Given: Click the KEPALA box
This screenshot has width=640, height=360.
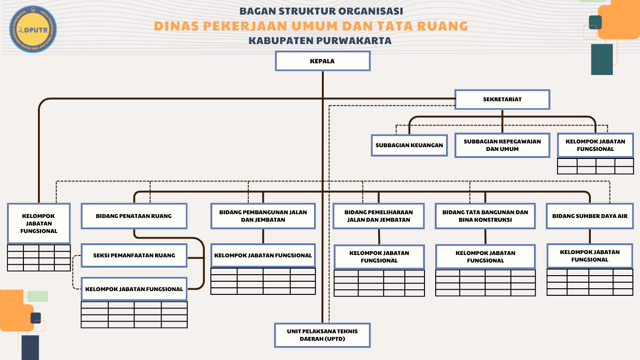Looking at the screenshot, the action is (x=322, y=61).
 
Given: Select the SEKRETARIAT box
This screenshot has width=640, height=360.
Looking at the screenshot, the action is (x=502, y=99).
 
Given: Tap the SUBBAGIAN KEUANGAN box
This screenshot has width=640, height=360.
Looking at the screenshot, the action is (x=409, y=145).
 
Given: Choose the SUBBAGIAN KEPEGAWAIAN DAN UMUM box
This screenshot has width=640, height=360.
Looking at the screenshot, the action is (x=502, y=145).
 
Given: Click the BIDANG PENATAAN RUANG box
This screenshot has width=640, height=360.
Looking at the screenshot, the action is (x=134, y=216).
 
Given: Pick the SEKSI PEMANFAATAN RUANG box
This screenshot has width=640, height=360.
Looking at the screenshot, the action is (x=134, y=255).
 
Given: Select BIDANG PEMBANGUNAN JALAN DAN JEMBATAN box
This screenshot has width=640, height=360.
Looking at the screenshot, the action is (x=263, y=216).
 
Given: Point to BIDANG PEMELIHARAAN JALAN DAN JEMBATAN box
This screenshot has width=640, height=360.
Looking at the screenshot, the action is (x=379, y=216).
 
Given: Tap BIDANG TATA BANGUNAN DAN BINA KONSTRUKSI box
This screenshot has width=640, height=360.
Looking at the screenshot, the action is (x=485, y=216).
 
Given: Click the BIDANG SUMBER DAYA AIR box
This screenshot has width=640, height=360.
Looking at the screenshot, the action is (x=590, y=216).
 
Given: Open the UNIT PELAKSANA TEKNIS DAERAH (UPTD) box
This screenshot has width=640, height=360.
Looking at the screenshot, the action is (x=322, y=335).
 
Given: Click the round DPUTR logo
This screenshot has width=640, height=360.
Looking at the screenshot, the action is (x=33, y=30).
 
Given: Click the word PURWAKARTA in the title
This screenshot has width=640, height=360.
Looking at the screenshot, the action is (x=354, y=41).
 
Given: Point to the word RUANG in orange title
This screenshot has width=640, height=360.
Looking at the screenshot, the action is (x=442, y=26).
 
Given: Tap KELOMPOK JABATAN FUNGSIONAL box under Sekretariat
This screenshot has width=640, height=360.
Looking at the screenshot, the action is (x=595, y=145).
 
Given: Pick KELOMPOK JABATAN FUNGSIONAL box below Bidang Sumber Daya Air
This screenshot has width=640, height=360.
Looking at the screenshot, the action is (x=590, y=256).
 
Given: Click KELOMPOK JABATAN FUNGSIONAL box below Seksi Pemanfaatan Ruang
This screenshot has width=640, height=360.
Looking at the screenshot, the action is (x=134, y=289).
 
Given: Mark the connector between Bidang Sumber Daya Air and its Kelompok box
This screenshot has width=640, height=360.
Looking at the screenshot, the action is (x=590, y=236).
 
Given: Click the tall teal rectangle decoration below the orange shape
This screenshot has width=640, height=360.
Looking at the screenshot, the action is (x=602, y=60).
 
